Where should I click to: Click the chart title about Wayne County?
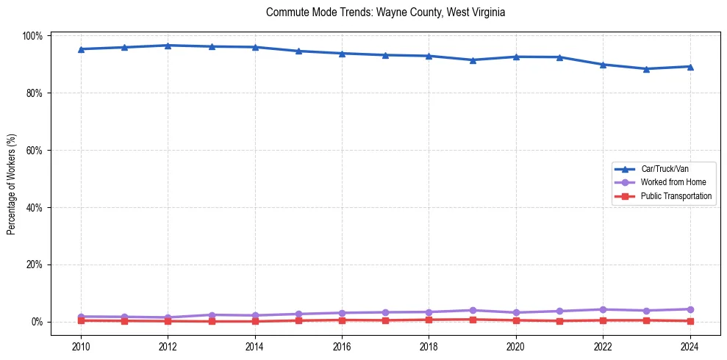(x=385, y=13)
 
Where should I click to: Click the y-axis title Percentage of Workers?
(x=12, y=179)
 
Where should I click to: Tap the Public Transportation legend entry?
(x=676, y=196)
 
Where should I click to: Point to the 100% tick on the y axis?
(x=34, y=36)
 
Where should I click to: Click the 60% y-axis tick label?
(x=35, y=150)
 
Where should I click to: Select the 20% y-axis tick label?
(x=35, y=264)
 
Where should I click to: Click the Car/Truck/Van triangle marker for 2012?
(x=168, y=46)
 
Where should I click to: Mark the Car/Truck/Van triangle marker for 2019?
(x=473, y=60)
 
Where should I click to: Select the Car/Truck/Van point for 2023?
(x=646, y=69)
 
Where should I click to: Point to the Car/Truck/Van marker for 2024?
(x=690, y=66)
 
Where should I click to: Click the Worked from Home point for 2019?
(x=473, y=310)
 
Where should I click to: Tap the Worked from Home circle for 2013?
(x=212, y=314)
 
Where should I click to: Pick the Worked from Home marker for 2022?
(x=603, y=309)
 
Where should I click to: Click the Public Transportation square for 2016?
(x=342, y=320)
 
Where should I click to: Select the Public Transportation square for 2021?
(x=559, y=321)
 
